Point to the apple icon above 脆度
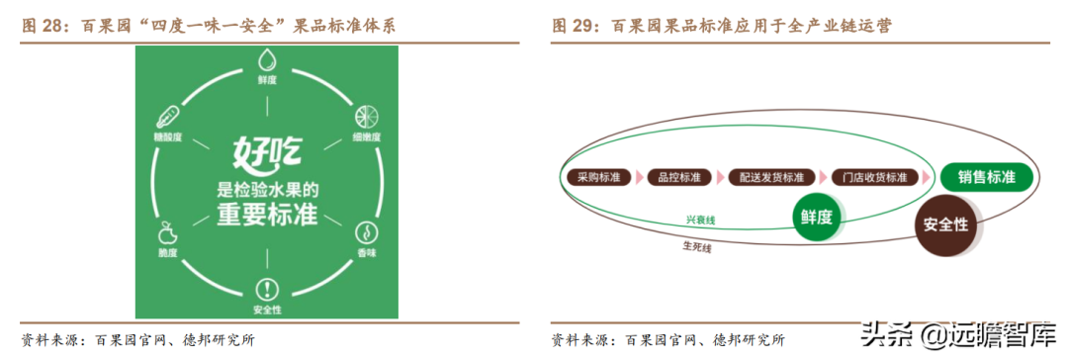pyautogui.click(x=166, y=233)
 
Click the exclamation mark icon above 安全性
pyautogui.click(x=267, y=289)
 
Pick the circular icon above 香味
pyautogui.click(x=366, y=233)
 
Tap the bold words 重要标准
pyautogui.click(x=266, y=216)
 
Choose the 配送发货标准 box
pyautogui.click(x=771, y=178)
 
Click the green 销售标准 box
pyautogui.click(x=986, y=178)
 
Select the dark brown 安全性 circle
pyautogui.click(x=944, y=225)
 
